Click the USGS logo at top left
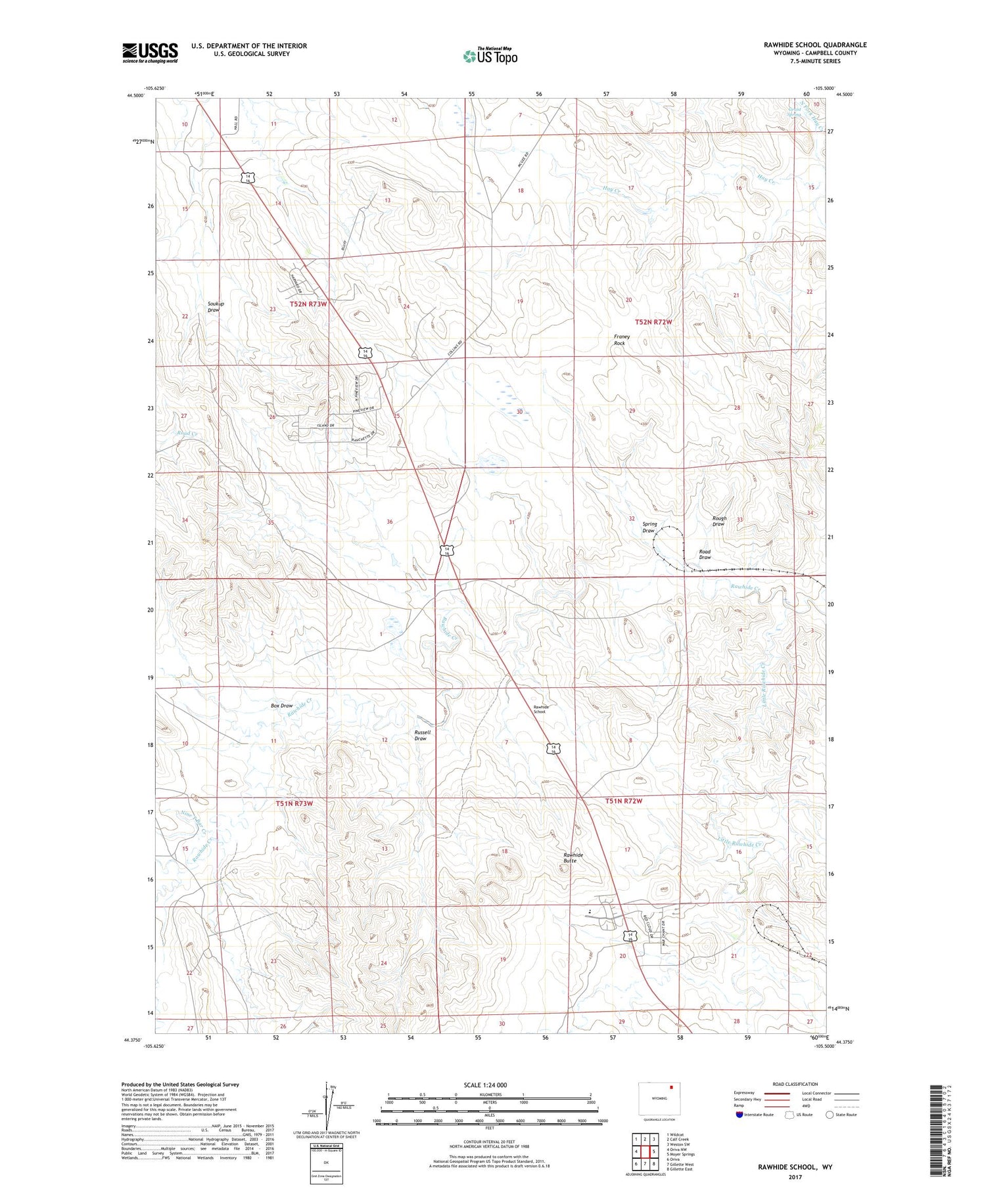coord(150,53)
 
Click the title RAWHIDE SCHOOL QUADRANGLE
coord(814,45)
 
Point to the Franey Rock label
coord(621,340)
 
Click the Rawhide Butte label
coord(573,857)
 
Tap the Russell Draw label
coord(422,735)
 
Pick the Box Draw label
coord(281,706)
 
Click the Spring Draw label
coord(649,528)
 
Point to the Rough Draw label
coord(718,521)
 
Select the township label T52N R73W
coord(308,304)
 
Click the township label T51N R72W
coord(622,801)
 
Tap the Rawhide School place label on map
coord(540,709)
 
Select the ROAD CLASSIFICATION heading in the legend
coord(795,1084)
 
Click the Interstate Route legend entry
coord(756,1115)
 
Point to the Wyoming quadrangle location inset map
coord(659,1098)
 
